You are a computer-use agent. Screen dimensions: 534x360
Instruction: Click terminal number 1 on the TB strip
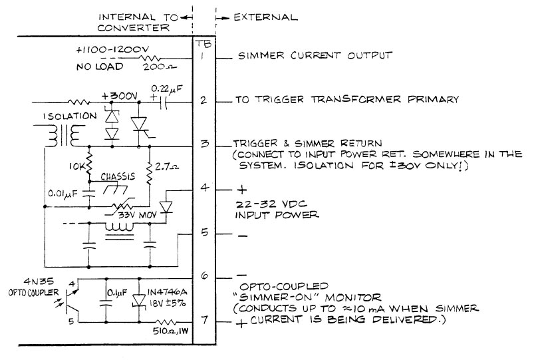(x=202, y=55)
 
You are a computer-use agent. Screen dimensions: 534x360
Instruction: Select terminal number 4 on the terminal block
(x=204, y=187)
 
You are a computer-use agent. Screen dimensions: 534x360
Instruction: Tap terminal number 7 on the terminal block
(x=204, y=320)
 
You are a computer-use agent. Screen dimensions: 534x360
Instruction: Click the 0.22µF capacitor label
(x=166, y=89)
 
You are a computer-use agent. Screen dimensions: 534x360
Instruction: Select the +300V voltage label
(x=119, y=96)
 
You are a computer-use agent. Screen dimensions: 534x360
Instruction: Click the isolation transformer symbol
(x=65, y=136)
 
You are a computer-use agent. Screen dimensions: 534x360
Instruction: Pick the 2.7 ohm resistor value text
(x=166, y=167)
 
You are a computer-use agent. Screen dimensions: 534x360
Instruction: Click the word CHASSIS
(x=118, y=177)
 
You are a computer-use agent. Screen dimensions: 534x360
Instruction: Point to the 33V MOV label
(x=137, y=216)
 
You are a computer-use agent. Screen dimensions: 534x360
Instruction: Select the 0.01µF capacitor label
(x=63, y=194)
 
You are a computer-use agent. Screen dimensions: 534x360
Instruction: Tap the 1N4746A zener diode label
(x=167, y=293)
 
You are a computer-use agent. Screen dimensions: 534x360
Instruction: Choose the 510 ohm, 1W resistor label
(x=170, y=331)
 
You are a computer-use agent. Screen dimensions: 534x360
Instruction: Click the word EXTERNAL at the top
(x=265, y=17)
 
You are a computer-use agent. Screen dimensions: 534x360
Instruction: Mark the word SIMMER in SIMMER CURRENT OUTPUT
(x=261, y=56)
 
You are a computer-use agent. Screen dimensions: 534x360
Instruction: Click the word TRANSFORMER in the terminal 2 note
(x=356, y=99)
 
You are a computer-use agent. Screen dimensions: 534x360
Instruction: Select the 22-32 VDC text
(x=271, y=204)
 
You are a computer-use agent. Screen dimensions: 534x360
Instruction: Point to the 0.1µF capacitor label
(x=117, y=293)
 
